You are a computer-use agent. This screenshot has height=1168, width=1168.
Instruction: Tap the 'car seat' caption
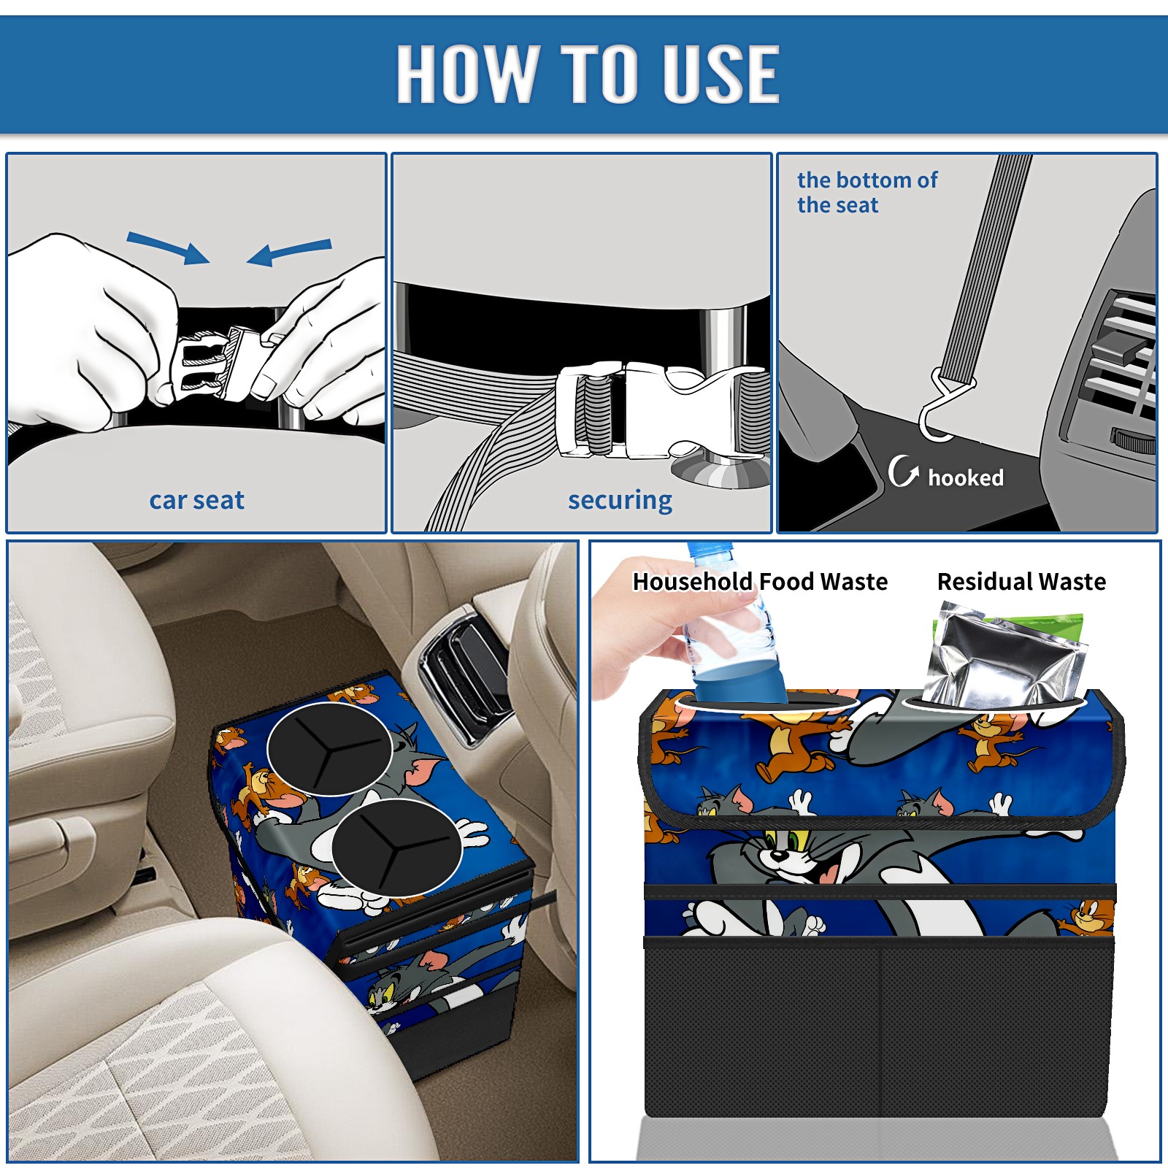click(196, 500)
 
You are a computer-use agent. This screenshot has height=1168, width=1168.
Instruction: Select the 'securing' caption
click(620, 500)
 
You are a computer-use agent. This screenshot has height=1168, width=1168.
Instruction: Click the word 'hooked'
click(965, 477)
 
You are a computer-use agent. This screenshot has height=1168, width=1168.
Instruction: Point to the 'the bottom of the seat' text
click(867, 192)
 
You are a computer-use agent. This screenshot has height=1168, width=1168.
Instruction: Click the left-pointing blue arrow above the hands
click(289, 252)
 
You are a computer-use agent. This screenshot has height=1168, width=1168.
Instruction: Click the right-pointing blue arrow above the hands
click(168, 247)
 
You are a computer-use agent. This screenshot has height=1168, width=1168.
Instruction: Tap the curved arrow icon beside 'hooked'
click(903, 471)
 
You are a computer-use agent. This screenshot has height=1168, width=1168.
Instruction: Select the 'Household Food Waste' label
click(760, 581)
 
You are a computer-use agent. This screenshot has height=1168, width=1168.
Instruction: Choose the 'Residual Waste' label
click(1021, 581)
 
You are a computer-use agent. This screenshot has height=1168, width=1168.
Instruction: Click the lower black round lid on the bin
click(396, 848)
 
